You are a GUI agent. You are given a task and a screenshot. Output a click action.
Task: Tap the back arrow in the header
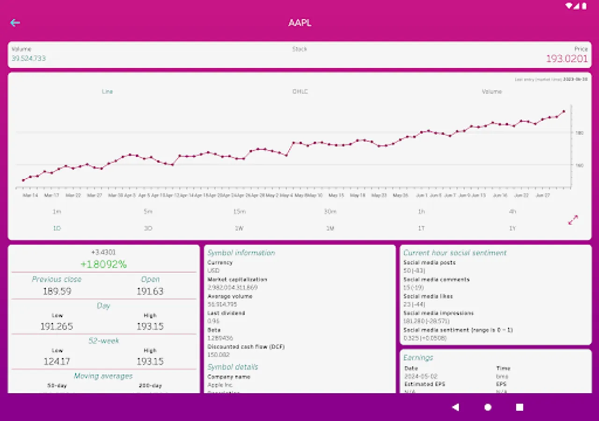(15, 23)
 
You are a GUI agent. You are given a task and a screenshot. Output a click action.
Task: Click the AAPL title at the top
(300, 23)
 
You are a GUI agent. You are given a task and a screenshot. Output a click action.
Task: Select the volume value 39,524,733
(29, 58)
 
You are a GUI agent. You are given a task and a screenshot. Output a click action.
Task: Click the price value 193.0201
(567, 59)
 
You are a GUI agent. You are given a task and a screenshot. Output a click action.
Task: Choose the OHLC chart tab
(300, 92)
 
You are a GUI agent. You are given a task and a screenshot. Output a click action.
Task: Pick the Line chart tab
(107, 92)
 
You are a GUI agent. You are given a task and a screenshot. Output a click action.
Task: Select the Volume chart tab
(492, 92)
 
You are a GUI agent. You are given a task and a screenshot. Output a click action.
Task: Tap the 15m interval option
(239, 212)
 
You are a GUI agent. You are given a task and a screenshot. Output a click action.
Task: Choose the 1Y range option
(512, 229)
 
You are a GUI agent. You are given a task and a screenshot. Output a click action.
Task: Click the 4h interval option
(512, 212)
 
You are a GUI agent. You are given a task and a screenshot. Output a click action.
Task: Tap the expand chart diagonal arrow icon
(573, 220)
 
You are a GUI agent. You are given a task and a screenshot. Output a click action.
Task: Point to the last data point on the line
(564, 111)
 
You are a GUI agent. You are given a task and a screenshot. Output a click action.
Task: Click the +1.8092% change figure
(103, 264)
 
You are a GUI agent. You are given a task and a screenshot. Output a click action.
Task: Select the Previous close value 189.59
(57, 291)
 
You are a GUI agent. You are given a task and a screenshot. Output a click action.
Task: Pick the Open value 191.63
(150, 291)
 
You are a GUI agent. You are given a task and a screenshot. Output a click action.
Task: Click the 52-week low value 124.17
(57, 362)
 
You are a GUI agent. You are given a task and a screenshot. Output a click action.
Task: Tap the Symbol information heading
(241, 253)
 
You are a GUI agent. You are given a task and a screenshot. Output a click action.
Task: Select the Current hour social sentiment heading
(455, 253)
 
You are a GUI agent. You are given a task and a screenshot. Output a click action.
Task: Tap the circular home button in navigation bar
(488, 407)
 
